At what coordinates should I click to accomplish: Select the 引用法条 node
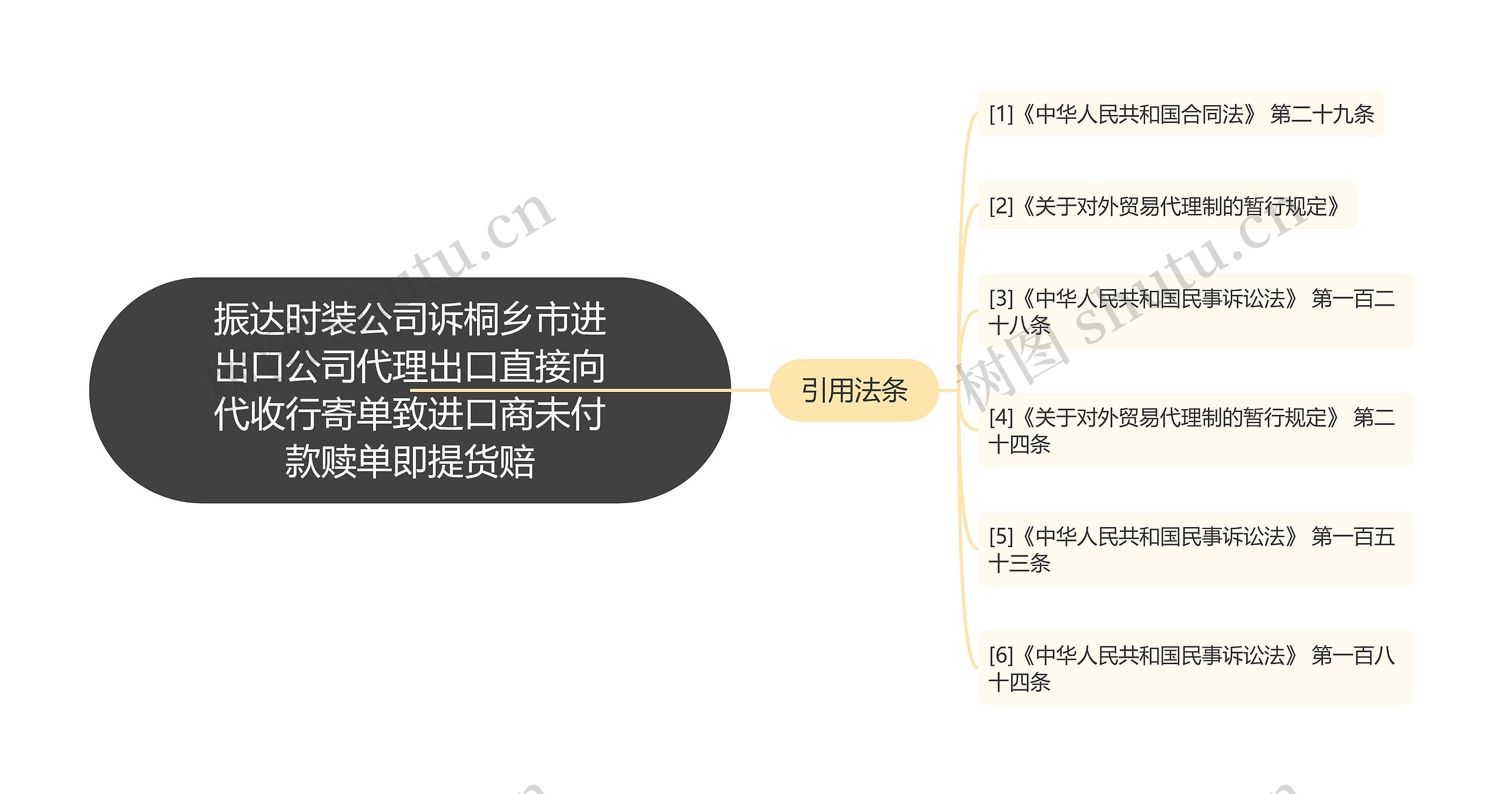854,390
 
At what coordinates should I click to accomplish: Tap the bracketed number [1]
1001,114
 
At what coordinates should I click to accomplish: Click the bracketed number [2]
1001,206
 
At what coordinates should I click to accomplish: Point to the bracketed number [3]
1001,299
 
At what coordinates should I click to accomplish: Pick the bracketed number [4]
1001,418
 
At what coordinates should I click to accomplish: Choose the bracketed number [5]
1001,537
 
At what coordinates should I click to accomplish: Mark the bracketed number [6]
1001,655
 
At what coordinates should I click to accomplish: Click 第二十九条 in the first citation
1322,114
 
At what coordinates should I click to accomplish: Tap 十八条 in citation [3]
1019,326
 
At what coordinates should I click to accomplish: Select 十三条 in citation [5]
1019,563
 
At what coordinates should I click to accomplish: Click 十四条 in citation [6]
1019,682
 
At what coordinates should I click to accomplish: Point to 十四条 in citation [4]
1019,444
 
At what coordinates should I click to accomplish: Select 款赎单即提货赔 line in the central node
409,461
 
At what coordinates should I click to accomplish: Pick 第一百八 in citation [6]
1353,655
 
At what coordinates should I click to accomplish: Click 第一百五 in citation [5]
1353,537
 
